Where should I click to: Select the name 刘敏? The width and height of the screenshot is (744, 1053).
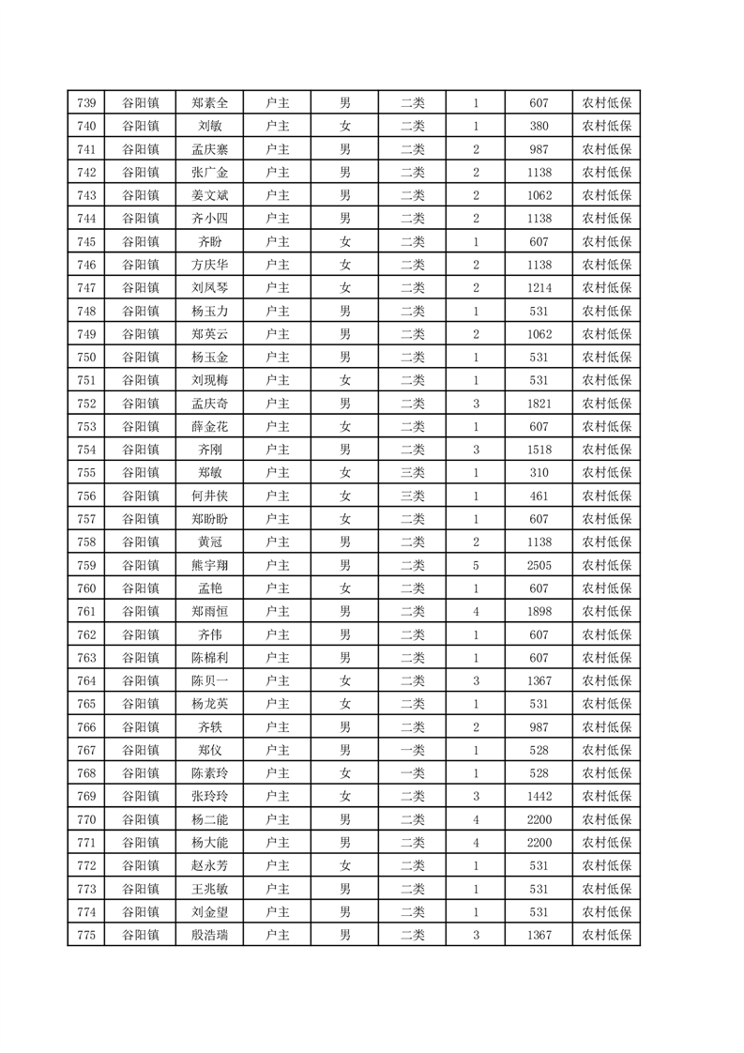[x=209, y=127]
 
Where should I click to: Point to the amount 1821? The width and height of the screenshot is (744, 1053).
[x=539, y=404]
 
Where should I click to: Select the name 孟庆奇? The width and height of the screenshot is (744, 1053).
[x=209, y=404]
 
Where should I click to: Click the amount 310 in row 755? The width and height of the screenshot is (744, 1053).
[x=539, y=473]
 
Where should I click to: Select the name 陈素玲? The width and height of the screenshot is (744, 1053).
[x=209, y=773]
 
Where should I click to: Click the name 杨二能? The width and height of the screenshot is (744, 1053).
[x=209, y=819]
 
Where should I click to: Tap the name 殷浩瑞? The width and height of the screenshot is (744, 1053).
[x=209, y=935]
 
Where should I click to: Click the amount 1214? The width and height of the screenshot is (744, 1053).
[x=539, y=288]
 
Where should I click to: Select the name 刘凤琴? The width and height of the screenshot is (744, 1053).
[x=209, y=288]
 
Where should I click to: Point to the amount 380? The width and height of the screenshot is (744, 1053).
[x=539, y=127]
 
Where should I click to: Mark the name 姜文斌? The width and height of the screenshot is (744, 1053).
[x=209, y=196]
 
